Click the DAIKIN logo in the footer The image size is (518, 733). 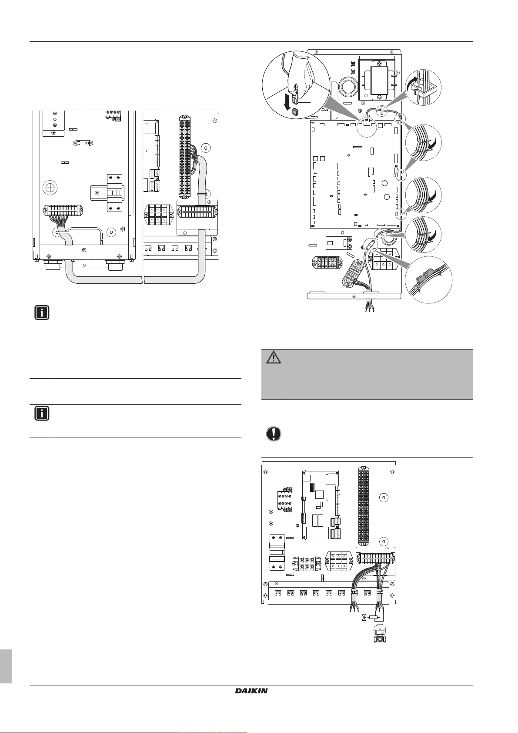click(251, 690)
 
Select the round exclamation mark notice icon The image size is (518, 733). click(274, 434)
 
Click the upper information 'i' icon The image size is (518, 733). click(42, 313)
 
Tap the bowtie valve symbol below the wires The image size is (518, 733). click(363, 618)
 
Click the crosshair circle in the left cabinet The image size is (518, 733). click(50, 187)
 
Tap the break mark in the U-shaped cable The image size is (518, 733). click(143, 282)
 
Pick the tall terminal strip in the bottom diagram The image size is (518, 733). click(363, 505)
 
